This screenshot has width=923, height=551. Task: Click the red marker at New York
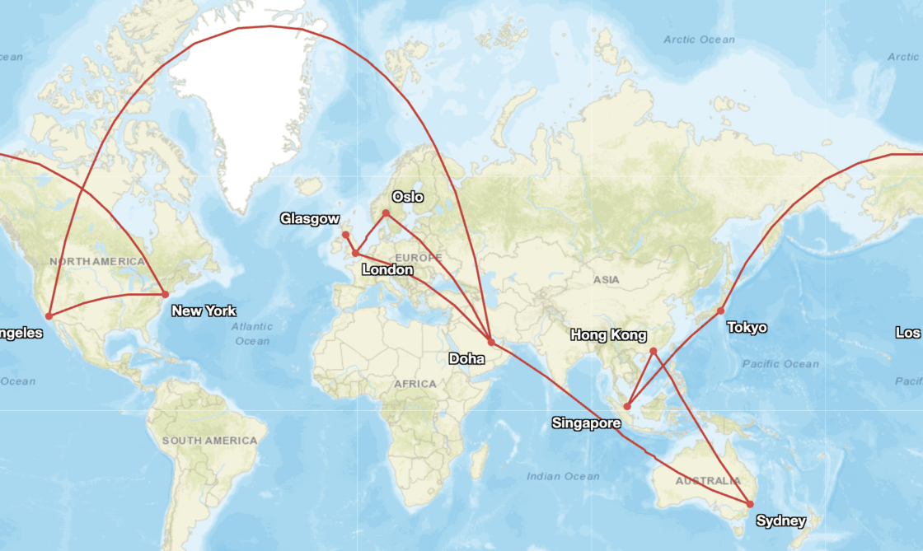click(165, 294)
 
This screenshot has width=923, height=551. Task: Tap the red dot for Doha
click(491, 342)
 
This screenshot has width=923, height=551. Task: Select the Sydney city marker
click(750, 504)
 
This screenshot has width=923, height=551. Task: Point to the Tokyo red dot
click(720, 311)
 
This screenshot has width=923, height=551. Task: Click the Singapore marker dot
click(627, 406)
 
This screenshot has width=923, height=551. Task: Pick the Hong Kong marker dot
click(653, 352)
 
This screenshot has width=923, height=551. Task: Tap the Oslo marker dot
click(386, 213)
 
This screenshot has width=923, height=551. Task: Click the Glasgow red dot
click(345, 235)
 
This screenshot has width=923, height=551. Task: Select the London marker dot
click(355, 253)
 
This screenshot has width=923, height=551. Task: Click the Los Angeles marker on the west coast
click(49, 316)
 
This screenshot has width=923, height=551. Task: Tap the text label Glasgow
click(309, 218)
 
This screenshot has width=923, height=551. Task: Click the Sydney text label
click(780, 521)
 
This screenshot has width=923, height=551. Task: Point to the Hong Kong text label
click(608, 335)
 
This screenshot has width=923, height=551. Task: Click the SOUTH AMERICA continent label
click(209, 441)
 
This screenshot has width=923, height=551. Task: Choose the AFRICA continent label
click(415, 384)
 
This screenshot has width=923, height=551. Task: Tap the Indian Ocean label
click(563, 476)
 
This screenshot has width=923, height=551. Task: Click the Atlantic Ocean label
click(251, 334)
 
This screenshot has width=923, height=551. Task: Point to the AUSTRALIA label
click(707, 481)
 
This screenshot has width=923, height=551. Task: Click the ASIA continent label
click(606, 280)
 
